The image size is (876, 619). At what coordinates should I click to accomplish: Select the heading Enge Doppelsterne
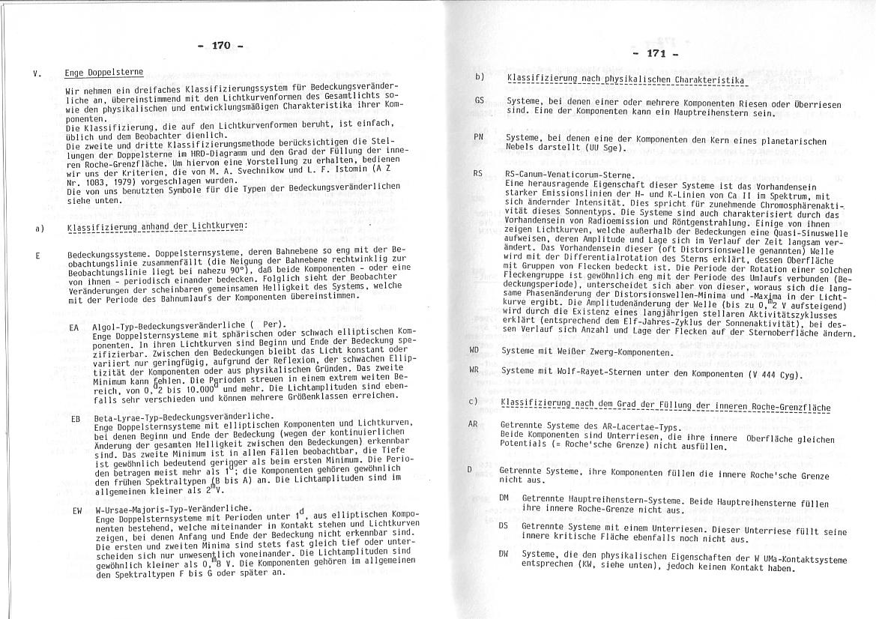(x=104, y=73)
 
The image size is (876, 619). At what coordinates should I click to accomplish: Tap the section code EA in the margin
(x=74, y=327)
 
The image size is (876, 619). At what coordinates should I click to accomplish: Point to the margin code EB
(x=75, y=418)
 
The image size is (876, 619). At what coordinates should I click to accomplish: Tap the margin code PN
(x=479, y=137)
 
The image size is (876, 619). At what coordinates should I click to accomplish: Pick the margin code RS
(x=477, y=173)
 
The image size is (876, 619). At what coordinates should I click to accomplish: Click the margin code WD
(x=474, y=350)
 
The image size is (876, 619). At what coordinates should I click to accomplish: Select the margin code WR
(x=474, y=370)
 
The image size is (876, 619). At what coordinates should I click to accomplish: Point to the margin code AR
(x=473, y=424)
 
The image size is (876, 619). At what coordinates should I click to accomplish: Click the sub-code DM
(x=504, y=498)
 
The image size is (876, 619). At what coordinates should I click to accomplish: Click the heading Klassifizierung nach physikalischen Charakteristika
(x=624, y=78)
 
